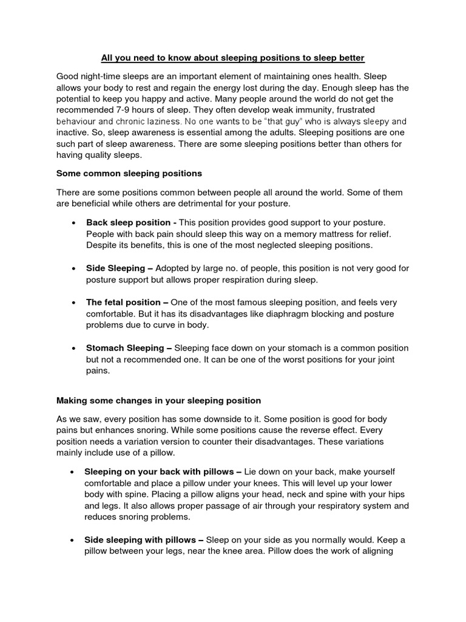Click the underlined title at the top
tap(232, 58)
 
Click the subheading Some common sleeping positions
tap(129, 173)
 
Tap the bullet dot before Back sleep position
tap(73, 223)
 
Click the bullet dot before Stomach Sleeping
tap(73, 349)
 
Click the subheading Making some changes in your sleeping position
tap(158, 400)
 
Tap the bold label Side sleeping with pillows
tap(144, 539)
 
